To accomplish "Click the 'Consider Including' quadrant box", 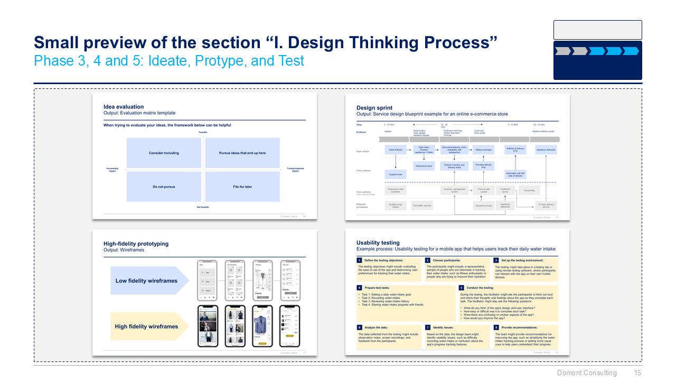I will tap(164, 153).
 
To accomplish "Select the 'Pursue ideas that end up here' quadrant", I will tap(242, 153).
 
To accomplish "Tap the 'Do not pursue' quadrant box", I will tap(164, 187).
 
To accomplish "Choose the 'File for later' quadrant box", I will tap(242, 187).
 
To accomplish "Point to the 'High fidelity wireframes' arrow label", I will tap(147, 326).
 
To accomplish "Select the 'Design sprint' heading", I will tap(374, 108).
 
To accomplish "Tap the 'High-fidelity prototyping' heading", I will tap(136, 244).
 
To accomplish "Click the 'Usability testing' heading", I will tap(378, 243).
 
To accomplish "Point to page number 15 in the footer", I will tap(637, 373).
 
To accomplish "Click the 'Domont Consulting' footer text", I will tap(587, 373).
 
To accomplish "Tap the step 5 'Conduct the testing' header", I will tap(481, 287).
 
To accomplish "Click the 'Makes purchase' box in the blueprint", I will tap(483, 150).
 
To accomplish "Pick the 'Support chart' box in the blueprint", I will tap(396, 174).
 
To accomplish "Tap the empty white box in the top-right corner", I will tap(597, 30).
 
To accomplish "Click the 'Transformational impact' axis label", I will tap(295, 170).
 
